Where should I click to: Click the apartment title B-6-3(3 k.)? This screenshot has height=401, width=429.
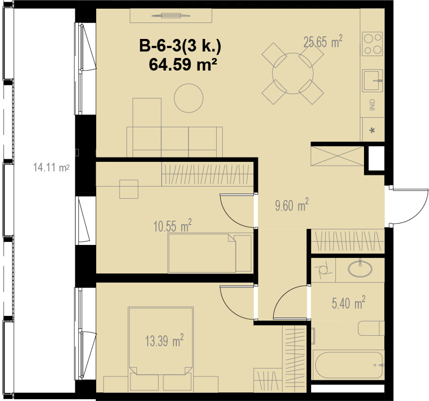(180, 46)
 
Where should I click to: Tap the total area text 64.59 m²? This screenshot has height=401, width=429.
(183, 65)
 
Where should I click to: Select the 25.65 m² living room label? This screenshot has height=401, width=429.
(323, 42)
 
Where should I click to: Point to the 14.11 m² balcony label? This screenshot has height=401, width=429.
(51, 168)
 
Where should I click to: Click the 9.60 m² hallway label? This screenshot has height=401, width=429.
(292, 205)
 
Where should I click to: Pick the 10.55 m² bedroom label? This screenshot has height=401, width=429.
(172, 226)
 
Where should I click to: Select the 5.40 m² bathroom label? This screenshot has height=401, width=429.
(348, 303)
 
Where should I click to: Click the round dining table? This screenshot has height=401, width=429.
(293, 74)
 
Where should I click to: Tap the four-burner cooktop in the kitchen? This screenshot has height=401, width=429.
(372, 44)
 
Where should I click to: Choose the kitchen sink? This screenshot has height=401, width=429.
(372, 80)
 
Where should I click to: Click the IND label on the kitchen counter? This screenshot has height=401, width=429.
(372, 105)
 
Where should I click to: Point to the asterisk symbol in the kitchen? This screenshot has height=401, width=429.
(372, 130)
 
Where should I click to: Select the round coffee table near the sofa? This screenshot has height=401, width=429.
(189, 98)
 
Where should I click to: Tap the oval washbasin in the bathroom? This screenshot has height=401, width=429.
(360, 269)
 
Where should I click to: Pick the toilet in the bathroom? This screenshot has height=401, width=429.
(371, 328)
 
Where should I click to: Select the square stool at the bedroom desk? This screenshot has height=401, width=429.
(129, 189)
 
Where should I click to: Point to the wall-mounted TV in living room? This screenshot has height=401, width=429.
(171, 16)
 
